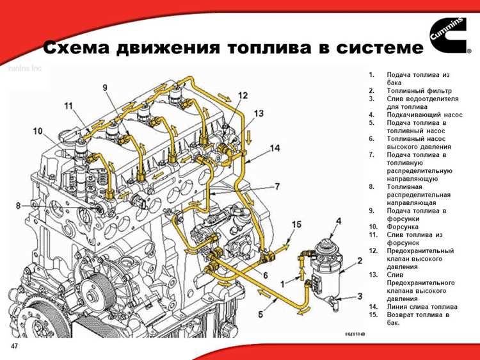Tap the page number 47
click(13, 346)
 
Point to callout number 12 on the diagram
click(243, 95)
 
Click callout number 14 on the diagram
click(275, 148)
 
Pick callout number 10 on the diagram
click(38, 131)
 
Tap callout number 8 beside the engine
click(19, 205)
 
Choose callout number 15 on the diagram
click(296, 224)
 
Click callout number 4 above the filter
click(337, 221)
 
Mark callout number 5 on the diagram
click(260, 314)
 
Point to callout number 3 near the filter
click(360, 296)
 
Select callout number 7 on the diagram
click(277, 186)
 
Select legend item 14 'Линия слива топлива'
click(422, 307)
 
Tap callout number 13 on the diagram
click(258, 113)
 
